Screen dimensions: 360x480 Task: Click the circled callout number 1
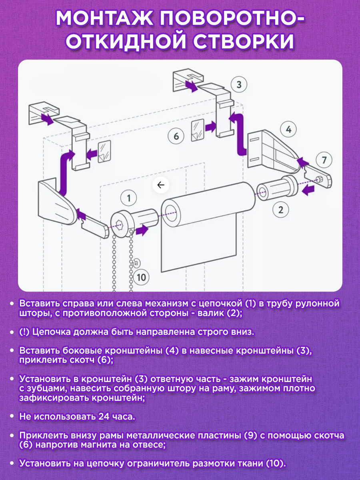click(128, 198)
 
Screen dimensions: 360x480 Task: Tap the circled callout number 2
click(281, 210)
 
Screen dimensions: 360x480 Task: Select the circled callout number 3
click(239, 84)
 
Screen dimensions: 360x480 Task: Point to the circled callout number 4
click(288, 130)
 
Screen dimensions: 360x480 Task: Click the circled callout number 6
click(176, 136)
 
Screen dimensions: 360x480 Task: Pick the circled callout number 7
click(324, 160)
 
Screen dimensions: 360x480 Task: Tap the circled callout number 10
click(141, 277)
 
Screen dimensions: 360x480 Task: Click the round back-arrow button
click(161, 185)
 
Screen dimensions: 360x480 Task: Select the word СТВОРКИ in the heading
click(244, 41)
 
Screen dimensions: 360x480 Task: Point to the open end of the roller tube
click(172, 213)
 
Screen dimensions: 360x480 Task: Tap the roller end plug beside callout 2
click(277, 186)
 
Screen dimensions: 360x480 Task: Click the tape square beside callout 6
click(198, 130)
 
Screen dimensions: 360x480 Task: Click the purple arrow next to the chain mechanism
click(142, 231)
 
